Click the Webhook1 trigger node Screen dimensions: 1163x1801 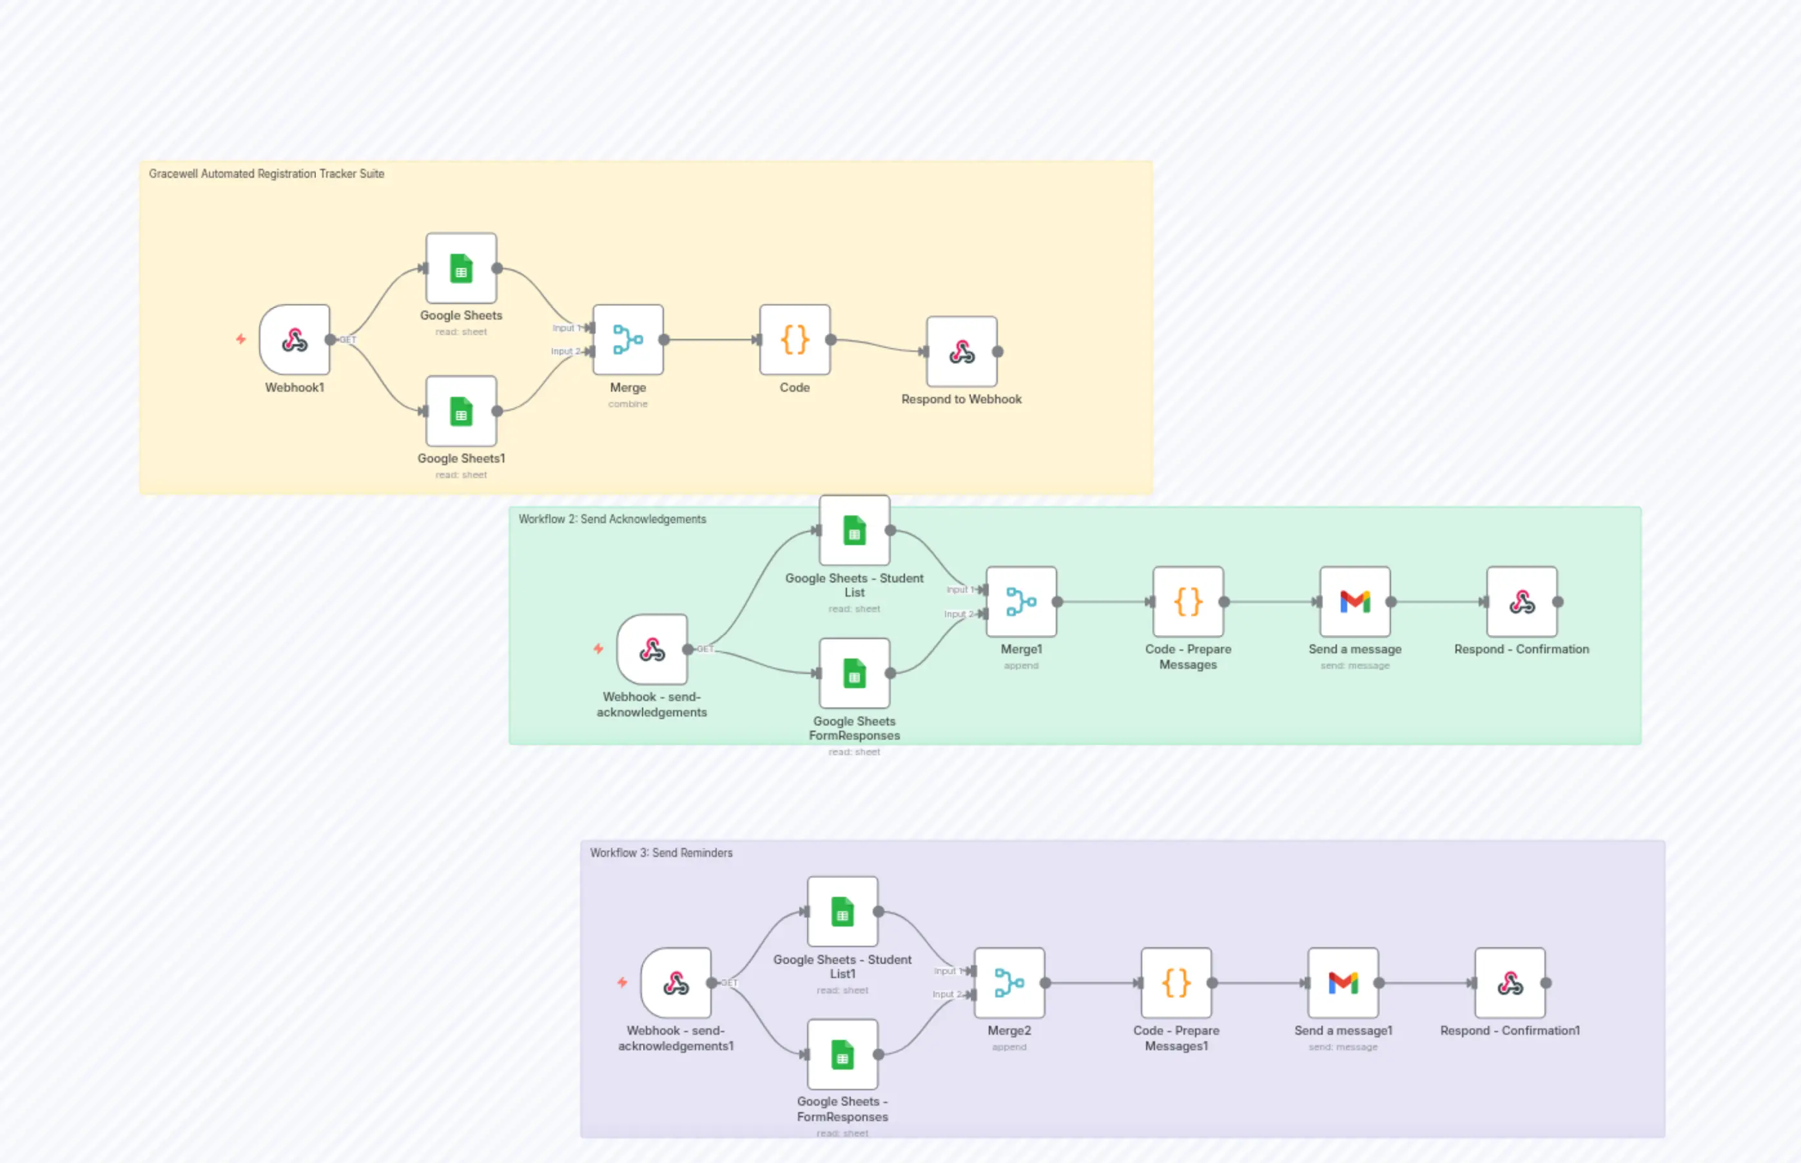(295, 340)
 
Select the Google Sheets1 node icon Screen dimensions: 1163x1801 (461, 411)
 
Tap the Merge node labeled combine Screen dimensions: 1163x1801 (628, 340)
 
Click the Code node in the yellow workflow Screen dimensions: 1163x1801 (795, 340)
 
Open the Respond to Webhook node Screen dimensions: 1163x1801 (962, 351)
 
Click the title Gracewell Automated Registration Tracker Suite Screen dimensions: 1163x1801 (266, 174)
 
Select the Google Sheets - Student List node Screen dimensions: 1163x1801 (855, 530)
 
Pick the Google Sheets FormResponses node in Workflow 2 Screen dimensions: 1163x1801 (855, 673)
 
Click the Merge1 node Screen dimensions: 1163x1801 (1022, 602)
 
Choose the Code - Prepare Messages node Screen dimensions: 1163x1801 (1189, 602)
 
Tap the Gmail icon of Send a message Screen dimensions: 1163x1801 (1356, 602)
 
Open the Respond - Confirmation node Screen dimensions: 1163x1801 (1523, 602)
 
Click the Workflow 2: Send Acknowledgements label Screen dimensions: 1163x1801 (612, 519)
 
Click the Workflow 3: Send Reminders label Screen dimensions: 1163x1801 (661, 852)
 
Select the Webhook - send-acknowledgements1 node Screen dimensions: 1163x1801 (676, 983)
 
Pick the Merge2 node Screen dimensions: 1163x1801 (1009, 983)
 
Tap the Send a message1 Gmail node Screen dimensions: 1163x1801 (1343, 983)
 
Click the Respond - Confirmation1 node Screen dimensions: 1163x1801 (1510, 983)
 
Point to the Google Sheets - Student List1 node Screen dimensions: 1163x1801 (842, 912)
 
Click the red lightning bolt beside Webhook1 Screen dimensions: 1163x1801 (241, 339)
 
